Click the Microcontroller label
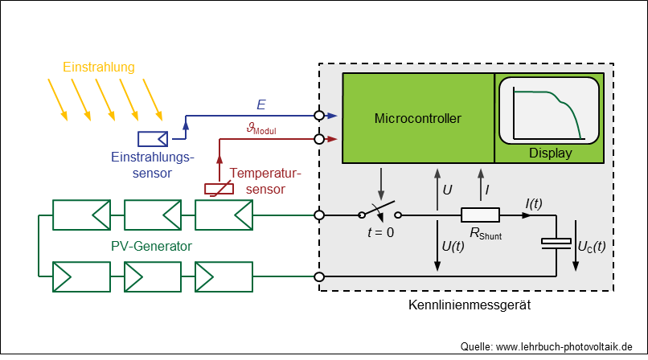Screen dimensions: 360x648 [x=417, y=119]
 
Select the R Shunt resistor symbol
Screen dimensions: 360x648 [x=480, y=215]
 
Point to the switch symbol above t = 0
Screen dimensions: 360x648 [x=379, y=213]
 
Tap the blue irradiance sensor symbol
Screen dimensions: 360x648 [x=152, y=137]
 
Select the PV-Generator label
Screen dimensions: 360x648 [x=150, y=245]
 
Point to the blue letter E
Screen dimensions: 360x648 [x=260, y=104]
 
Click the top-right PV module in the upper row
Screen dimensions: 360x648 [x=224, y=215]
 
